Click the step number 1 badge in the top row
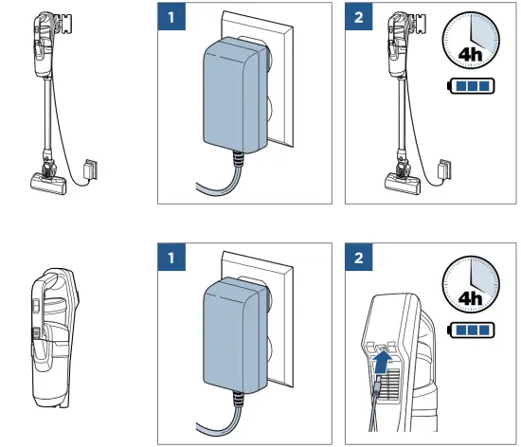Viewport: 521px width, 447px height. pos(171,16)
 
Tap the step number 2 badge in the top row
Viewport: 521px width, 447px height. pos(359,16)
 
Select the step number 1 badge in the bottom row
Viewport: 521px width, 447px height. pos(171,257)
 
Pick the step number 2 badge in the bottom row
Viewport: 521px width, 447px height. pos(359,257)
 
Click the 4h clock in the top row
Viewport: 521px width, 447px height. pos(471,41)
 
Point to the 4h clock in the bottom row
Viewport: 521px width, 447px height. pos(471,284)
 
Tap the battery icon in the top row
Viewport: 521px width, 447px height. pos(471,86)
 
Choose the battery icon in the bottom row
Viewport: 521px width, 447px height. pos(471,331)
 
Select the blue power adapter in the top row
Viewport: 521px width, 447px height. pos(236,96)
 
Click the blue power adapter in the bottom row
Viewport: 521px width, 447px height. pos(236,336)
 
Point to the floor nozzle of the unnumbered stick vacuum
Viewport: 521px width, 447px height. pos(48,183)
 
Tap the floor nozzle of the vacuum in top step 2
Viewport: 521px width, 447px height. pos(403,183)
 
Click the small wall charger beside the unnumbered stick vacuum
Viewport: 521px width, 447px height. pos(91,170)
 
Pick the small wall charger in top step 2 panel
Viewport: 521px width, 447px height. pos(445,170)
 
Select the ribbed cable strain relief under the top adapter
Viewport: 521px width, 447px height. pos(238,159)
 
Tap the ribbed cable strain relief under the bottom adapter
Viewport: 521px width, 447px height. pos(238,400)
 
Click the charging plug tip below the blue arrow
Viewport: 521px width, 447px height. pos(377,384)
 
